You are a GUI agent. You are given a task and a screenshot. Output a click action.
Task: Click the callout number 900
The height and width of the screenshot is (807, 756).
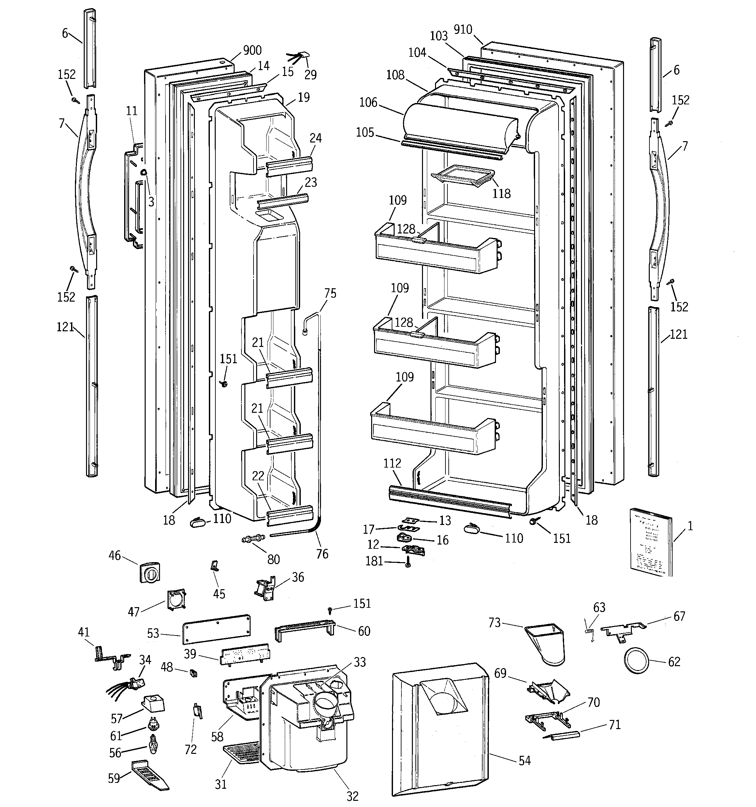point(252,50)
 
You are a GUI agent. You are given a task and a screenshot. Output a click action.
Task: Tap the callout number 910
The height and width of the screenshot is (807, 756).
point(463,30)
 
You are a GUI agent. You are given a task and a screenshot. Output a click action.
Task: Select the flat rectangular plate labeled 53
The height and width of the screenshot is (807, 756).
point(216,629)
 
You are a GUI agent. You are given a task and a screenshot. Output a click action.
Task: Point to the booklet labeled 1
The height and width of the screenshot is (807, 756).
point(650,546)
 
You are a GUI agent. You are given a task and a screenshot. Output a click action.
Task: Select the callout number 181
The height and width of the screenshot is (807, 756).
point(374,561)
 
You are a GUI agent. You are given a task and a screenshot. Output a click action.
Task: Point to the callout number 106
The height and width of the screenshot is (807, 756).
point(368,102)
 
